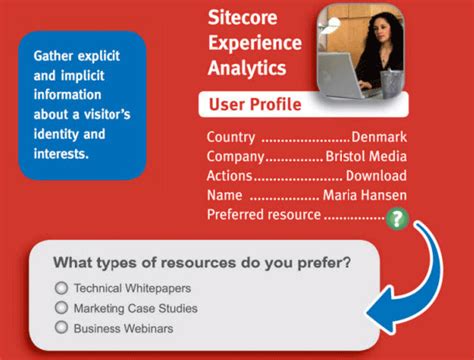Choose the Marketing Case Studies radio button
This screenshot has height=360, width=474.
pyautogui.click(x=62, y=308)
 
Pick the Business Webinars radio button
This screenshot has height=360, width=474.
pyautogui.click(x=62, y=327)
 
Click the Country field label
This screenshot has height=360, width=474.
pyautogui.click(x=230, y=137)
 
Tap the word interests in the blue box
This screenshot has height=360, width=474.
pyautogui.click(x=62, y=153)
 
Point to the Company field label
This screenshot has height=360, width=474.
pyautogui.click(x=235, y=156)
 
